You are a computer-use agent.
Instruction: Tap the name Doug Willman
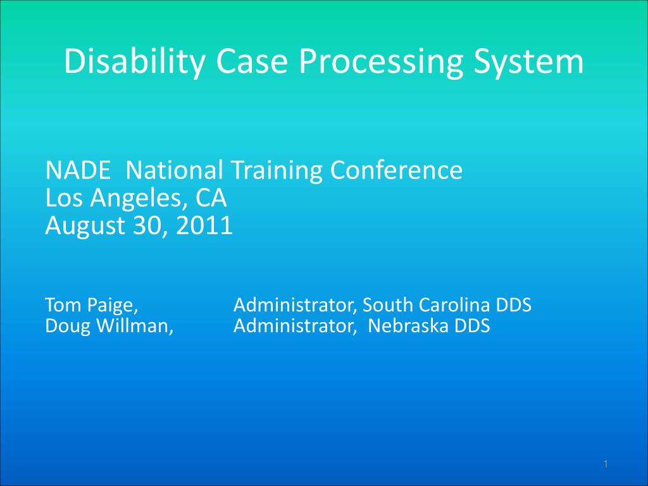(110, 327)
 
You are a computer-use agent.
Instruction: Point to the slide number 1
(606, 465)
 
